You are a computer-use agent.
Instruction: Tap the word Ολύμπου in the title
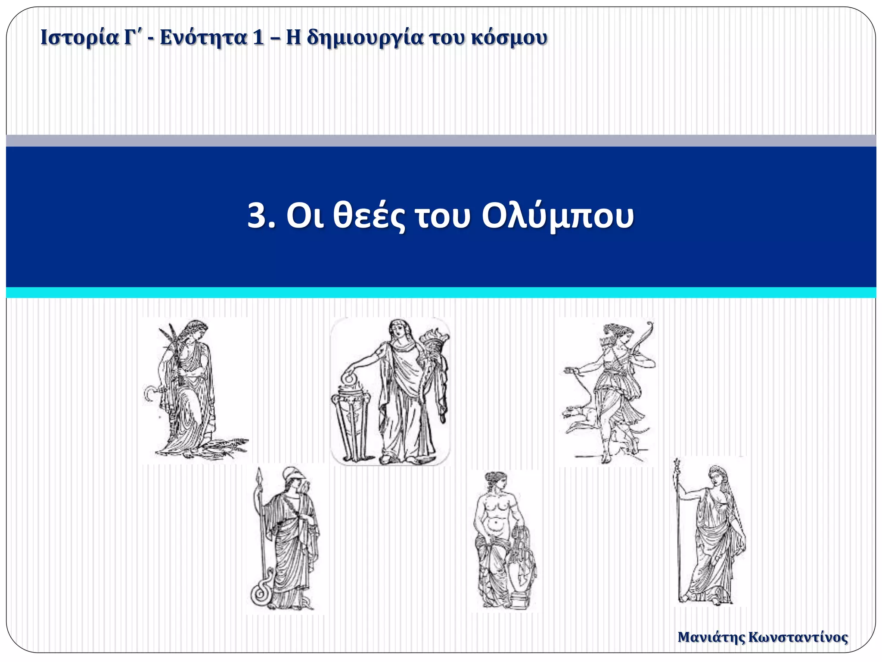tap(557, 216)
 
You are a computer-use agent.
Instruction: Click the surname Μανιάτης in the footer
tap(711, 637)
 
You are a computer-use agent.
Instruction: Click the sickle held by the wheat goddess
tap(151, 393)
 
